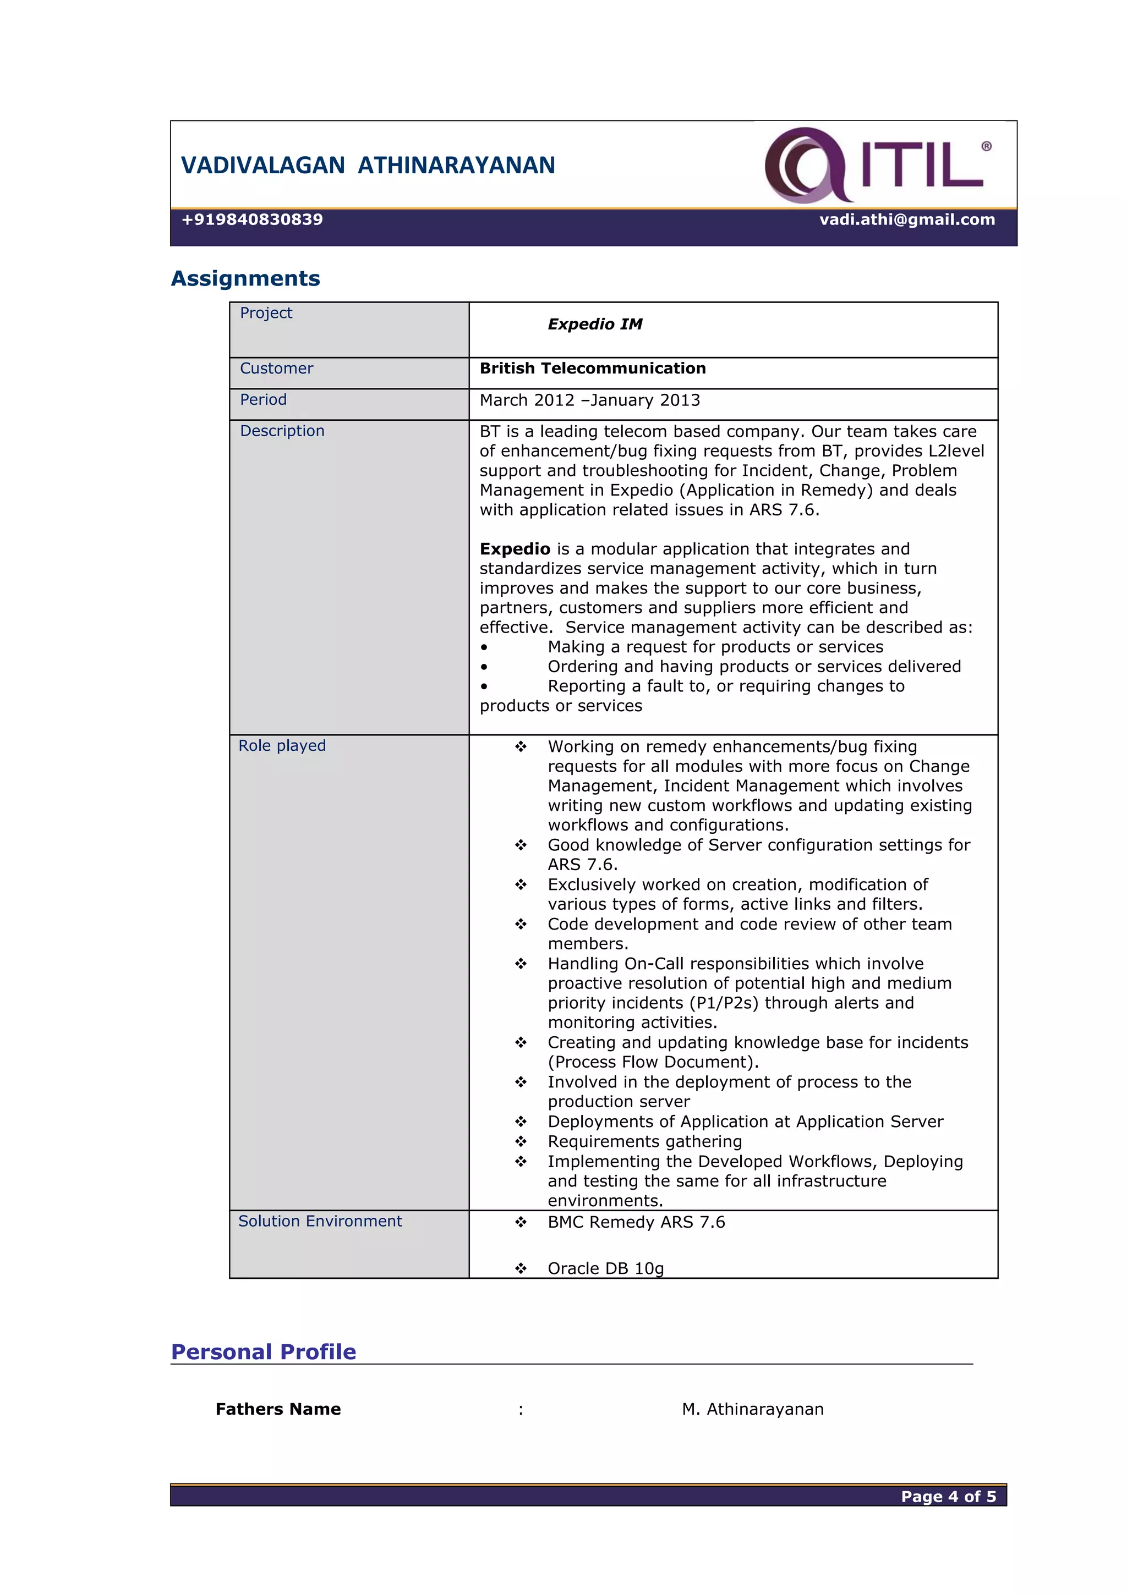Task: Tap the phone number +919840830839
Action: [x=252, y=219]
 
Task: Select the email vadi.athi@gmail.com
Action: [x=906, y=219]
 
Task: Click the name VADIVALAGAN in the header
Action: [x=262, y=165]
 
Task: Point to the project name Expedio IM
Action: [x=594, y=324]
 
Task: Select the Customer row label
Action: [x=276, y=369]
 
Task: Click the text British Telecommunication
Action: [x=592, y=369]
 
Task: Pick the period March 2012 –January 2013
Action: [x=589, y=400]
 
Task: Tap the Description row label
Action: [x=282, y=431]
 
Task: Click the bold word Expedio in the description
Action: [x=515, y=549]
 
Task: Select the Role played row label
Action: [x=282, y=746]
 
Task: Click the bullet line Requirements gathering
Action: [x=644, y=1141]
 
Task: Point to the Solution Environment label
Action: [x=320, y=1221]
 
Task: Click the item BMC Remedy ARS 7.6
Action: [x=636, y=1223]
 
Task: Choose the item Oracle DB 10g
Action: [x=605, y=1268]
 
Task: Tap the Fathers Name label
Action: [x=278, y=1409]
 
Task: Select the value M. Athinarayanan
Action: [x=753, y=1409]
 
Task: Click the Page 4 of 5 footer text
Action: [x=948, y=1496]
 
